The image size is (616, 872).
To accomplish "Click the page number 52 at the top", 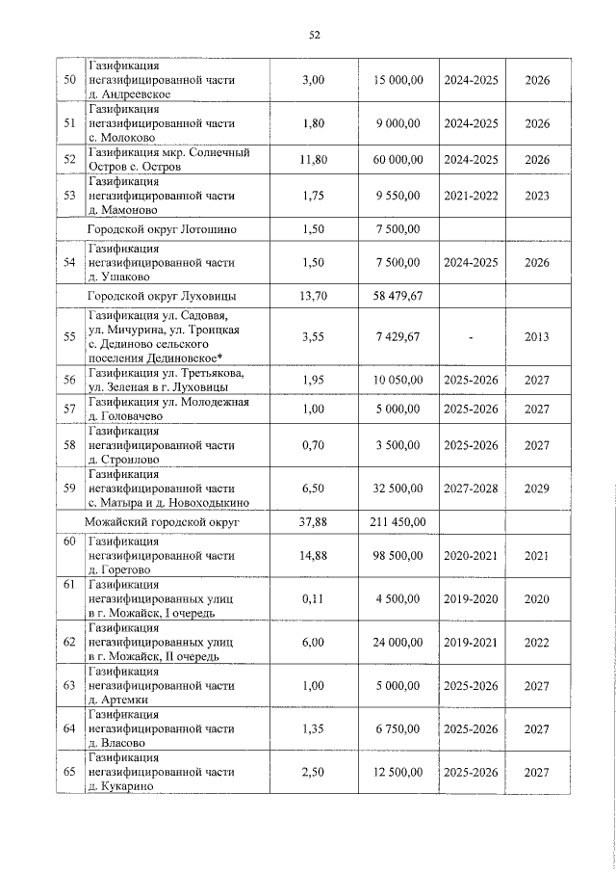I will (x=314, y=35).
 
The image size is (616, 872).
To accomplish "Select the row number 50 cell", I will (x=69, y=80).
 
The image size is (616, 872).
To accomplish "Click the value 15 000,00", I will (x=398, y=80).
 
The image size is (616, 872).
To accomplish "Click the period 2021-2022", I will (x=471, y=196).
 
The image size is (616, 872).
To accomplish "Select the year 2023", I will (x=538, y=196).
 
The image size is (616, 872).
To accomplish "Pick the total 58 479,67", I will (x=398, y=296).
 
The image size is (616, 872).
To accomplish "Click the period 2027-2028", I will (x=471, y=489).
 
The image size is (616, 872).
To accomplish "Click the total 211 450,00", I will (x=398, y=522).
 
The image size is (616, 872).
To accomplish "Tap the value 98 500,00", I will (x=398, y=556).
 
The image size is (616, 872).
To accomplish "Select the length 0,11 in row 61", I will (x=313, y=598).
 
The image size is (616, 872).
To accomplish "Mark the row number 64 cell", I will (x=69, y=729).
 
